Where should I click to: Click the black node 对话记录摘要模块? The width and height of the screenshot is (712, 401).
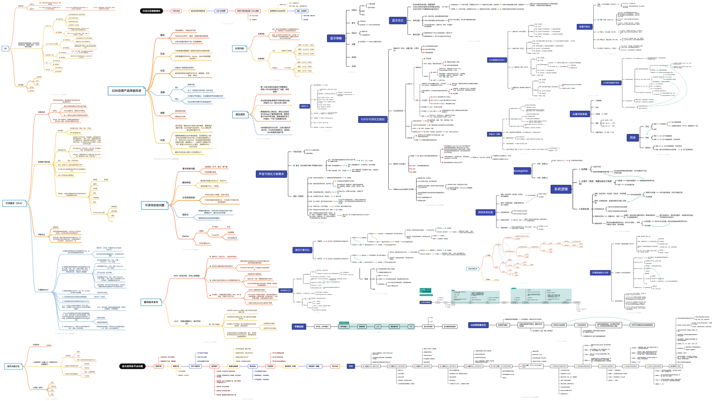click(151, 11)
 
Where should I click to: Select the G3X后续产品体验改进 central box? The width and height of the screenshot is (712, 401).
click(126, 91)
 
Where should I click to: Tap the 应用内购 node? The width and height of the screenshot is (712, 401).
click(239, 48)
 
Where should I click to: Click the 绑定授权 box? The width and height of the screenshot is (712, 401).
click(240, 114)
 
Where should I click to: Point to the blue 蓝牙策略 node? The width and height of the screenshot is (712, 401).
click(336, 38)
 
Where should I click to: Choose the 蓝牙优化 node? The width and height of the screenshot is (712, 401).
click(398, 21)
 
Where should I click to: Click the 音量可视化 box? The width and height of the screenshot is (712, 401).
click(584, 27)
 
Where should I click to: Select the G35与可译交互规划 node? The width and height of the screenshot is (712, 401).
click(373, 120)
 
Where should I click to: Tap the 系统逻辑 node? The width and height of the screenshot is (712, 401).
click(561, 189)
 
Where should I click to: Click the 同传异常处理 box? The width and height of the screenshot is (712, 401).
click(485, 212)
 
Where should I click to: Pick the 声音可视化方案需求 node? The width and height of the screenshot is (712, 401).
click(271, 174)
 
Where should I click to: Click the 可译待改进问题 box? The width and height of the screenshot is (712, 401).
click(155, 205)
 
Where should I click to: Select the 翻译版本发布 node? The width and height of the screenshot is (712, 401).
click(151, 302)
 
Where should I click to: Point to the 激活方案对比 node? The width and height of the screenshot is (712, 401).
click(302, 250)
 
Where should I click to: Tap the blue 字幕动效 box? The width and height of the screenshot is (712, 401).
click(299, 327)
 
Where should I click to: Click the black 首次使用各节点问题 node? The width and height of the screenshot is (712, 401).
click(132, 366)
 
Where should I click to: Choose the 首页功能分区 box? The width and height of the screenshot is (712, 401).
click(13, 366)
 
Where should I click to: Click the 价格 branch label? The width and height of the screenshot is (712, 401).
click(162, 140)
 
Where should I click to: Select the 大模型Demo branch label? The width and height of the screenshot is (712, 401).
click(43, 290)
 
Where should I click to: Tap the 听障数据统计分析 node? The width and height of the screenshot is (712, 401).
click(600, 273)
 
